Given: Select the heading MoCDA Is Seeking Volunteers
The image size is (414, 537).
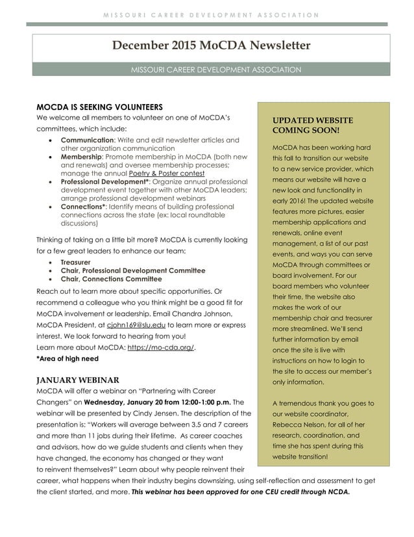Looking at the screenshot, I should click(99, 107).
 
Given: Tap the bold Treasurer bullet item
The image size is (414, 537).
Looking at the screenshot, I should click(75, 262).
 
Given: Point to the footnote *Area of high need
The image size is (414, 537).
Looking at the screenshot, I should click(67, 358).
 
